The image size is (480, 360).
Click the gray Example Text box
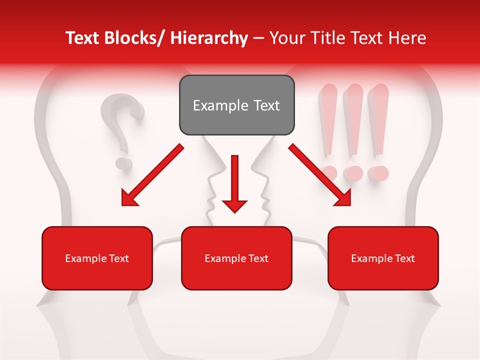[x=236, y=105]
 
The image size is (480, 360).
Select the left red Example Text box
[x=97, y=258]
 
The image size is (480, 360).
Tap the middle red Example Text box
[x=236, y=258]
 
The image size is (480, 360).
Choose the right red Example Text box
[x=383, y=258]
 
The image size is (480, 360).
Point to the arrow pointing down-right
[x=320, y=175]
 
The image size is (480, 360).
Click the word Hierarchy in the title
[x=208, y=38]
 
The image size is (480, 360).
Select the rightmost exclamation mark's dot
[x=378, y=173]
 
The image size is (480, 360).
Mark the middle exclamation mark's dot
[x=353, y=173]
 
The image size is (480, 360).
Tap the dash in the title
[x=258, y=38]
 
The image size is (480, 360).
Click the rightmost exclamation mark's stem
[x=378, y=120]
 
